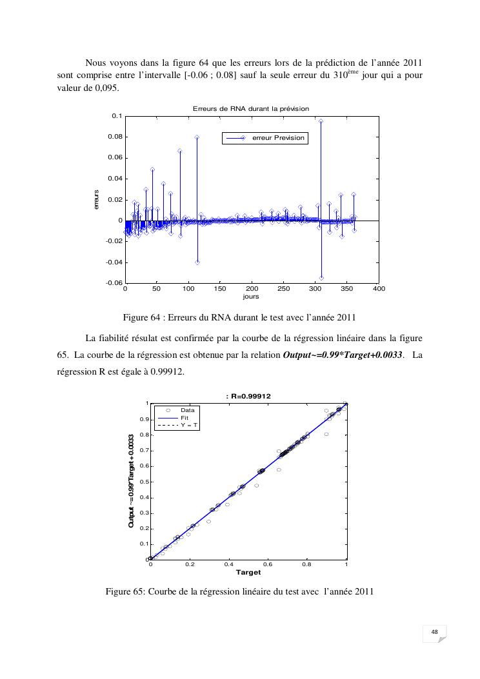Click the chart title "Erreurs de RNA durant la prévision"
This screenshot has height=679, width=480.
(x=251, y=109)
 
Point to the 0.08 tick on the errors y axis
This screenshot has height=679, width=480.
(x=117, y=137)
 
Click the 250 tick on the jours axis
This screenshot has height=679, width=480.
(x=283, y=290)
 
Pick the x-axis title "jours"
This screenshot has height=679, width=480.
(x=251, y=297)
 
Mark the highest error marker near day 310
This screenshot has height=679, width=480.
(x=321, y=121)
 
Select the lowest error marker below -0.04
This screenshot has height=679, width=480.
(x=321, y=277)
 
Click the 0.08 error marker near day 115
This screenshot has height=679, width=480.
(x=197, y=137)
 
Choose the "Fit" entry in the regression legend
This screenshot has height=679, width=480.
(x=185, y=417)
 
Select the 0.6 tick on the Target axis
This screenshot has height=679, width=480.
(x=268, y=564)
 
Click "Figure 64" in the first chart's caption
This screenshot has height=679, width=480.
(x=142, y=317)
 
